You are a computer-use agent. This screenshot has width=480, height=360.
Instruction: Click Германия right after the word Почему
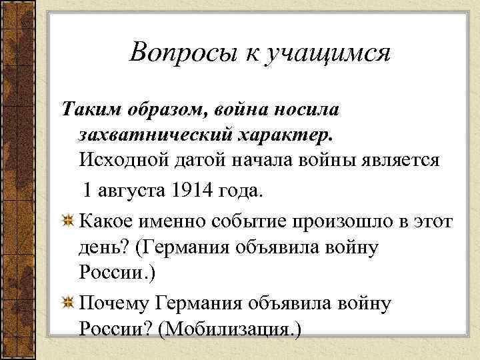203,303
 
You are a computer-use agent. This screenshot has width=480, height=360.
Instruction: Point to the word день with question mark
103,248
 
